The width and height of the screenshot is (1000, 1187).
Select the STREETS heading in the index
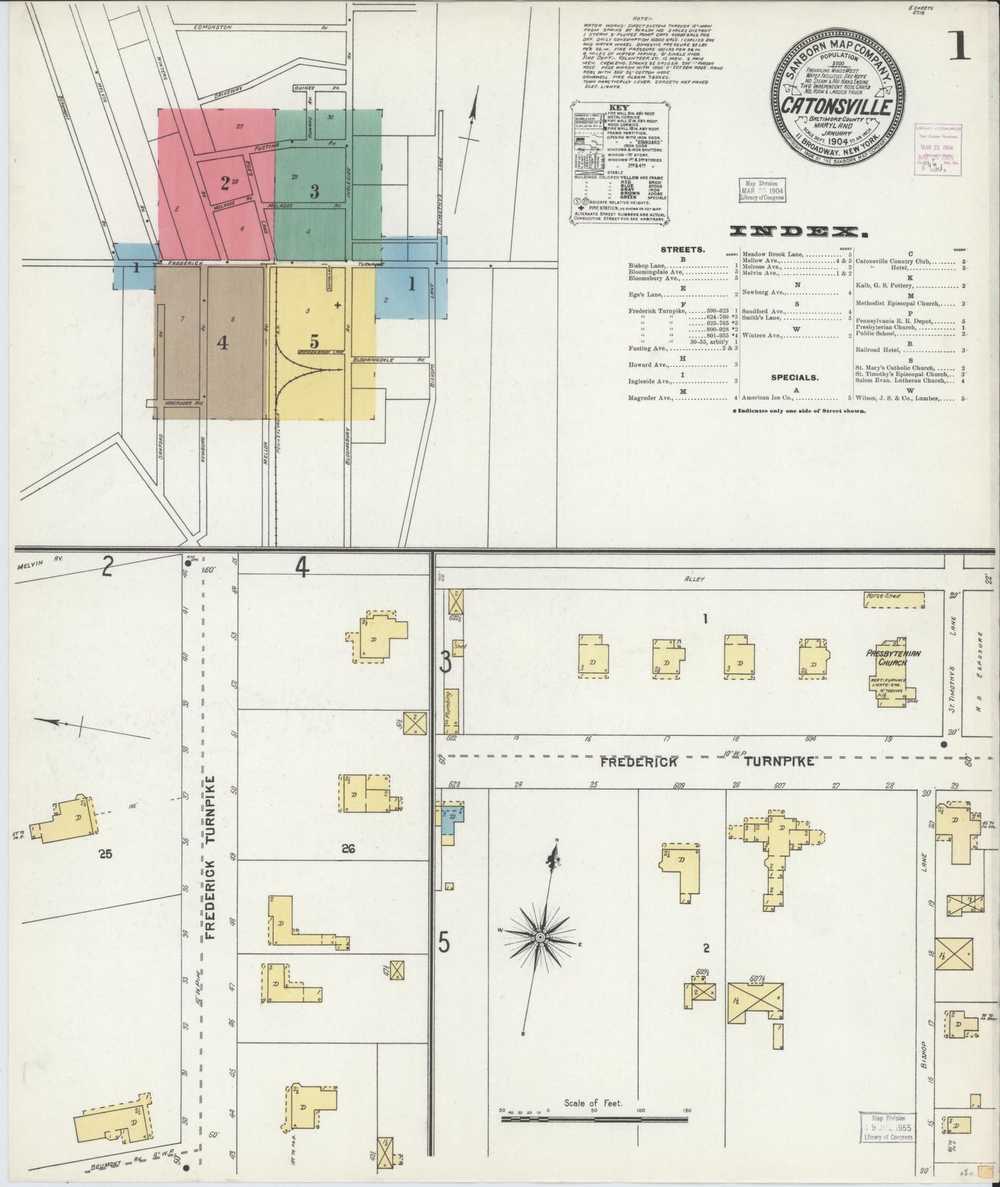682,249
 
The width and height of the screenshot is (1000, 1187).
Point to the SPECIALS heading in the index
794,377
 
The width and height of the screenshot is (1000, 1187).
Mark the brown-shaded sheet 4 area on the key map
208,342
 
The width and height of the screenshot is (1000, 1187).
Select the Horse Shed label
883,595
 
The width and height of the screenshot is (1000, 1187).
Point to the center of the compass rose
539,936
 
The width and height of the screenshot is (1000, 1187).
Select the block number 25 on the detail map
105,854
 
